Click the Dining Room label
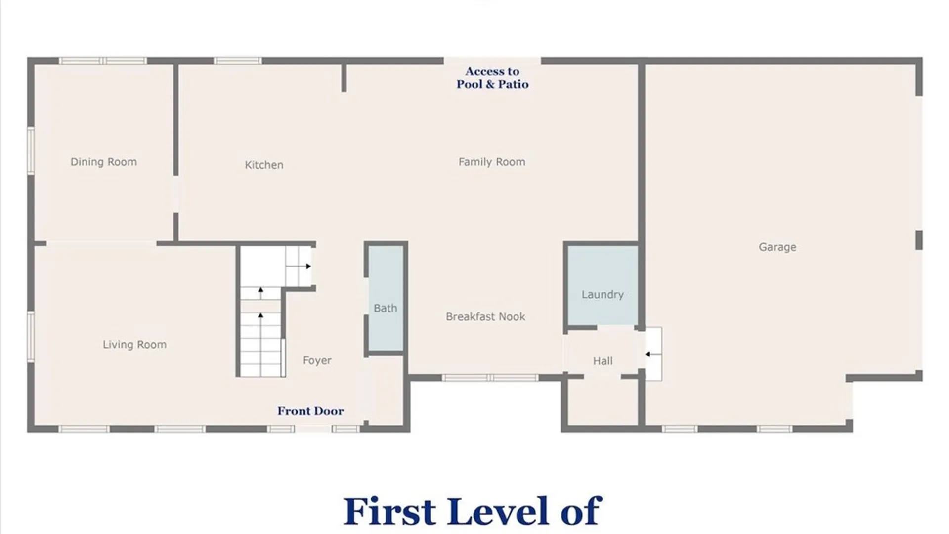click(103, 162)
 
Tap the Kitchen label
click(264, 165)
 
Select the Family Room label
click(491, 162)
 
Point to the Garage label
click(777, 247)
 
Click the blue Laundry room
click(602, 286)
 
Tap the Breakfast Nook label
click(485, 316)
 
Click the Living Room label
click(134, 344)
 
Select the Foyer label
click(317, 360)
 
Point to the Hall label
click(603, 361)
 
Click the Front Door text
click(310, 411)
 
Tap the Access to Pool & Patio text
click(492, 78)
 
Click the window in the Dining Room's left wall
click(31, 150)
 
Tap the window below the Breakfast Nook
click(489, 378)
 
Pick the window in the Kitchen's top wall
click(237, 61)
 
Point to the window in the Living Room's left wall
click(31, 336)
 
